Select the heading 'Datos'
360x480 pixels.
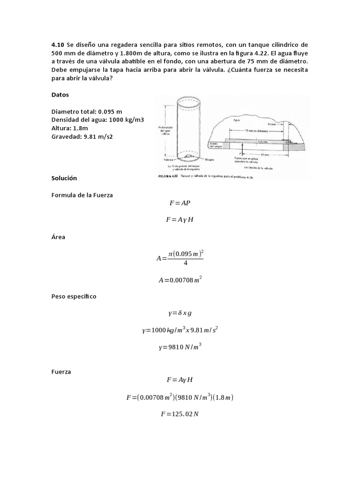point(60,95)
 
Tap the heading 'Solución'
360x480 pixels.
point(64,179)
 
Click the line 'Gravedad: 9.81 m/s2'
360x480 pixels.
point(82,137)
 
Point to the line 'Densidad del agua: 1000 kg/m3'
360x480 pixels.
point(97,120)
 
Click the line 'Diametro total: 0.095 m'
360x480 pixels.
point(86,112)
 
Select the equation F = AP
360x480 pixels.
point(180,203)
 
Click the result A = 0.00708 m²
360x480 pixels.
point(180,280)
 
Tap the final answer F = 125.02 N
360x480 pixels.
point(180,414)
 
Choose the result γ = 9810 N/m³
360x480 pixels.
point(180,347)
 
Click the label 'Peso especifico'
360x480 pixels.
point(74,297)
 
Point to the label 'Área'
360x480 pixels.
point(58,237)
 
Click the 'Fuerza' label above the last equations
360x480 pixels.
point(61,372)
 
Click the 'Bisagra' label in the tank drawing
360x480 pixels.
point(209,159)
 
